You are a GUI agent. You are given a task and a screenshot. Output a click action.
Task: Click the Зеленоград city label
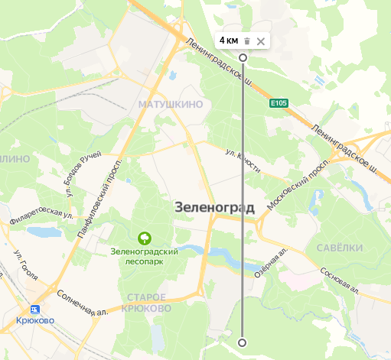[215, 206]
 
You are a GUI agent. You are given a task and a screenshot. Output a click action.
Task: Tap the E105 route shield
[279, 102]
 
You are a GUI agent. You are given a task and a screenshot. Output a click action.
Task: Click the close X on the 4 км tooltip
[261, 41]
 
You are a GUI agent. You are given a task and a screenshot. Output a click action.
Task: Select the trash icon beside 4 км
[247, 41]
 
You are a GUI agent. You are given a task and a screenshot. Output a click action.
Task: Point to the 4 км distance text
[229, 41]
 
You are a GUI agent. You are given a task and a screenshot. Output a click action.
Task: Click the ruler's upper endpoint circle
[243, 57]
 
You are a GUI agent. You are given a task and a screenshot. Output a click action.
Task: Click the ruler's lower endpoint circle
[243, 342]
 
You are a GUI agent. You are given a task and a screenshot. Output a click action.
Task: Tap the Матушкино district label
[169, 102]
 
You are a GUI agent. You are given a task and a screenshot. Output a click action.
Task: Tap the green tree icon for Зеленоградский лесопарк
[142, 238]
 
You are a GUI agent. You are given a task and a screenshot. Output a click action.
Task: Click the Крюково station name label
[35, 322]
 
